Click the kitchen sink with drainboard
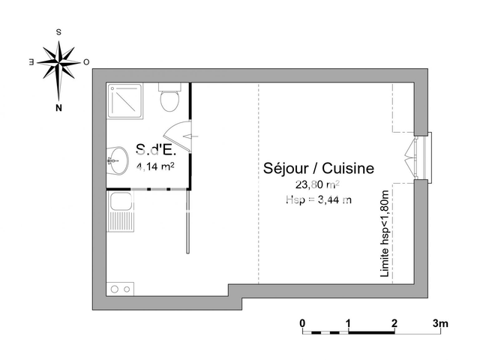119,212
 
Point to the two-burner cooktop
120,288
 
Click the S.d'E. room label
156,149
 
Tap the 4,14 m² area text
156,166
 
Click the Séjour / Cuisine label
319,169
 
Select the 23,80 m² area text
318,184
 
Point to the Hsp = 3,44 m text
318,199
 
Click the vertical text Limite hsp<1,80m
385,235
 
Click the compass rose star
58,62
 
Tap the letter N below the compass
58,107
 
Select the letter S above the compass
59,32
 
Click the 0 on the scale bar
302,323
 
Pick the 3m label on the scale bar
440,323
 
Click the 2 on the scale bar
394,323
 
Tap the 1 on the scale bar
348,323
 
